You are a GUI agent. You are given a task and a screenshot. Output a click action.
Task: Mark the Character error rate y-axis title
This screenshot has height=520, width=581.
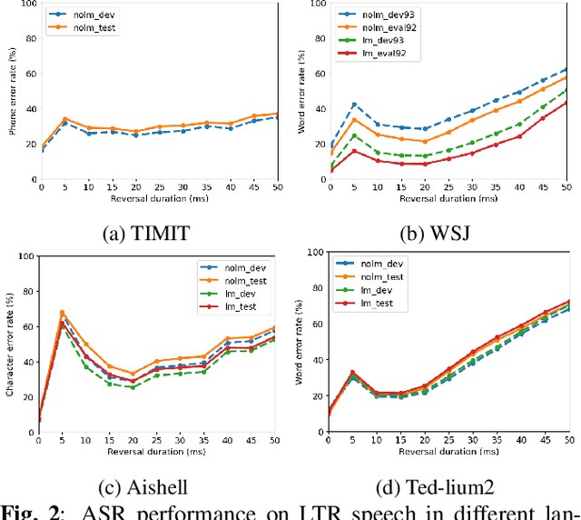click(x=12, y=341)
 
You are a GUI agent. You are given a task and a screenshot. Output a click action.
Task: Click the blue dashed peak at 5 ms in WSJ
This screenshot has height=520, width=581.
click(x=354, y=105)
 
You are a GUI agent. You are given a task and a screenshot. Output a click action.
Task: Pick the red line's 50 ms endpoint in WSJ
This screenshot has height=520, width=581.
click(x=566, y=101)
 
